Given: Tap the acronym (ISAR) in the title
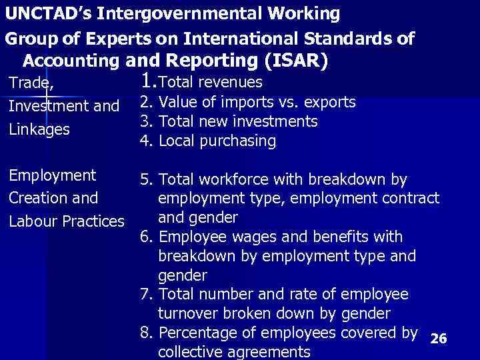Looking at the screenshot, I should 297,61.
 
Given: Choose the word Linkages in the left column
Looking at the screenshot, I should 39,129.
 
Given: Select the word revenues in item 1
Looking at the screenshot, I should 233,82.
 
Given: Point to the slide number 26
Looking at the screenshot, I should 439,339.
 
